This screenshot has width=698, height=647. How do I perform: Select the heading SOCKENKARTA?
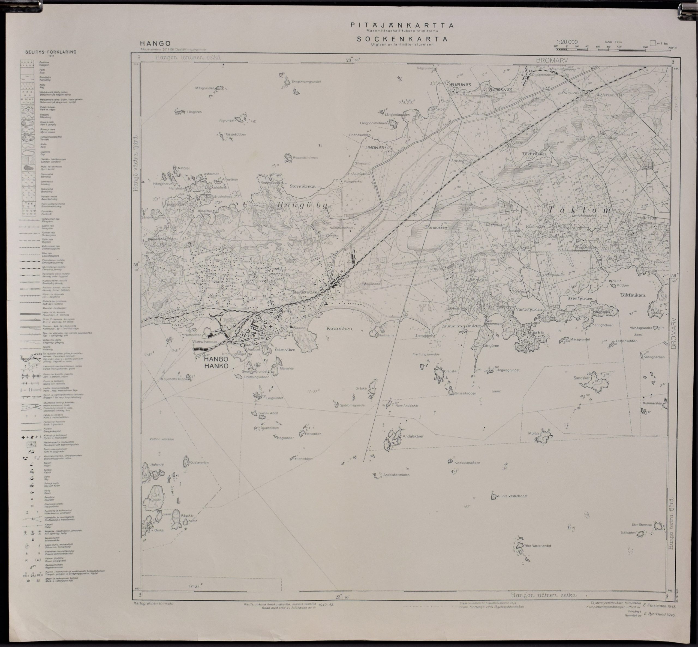pyautogui.click(x=402, y=39)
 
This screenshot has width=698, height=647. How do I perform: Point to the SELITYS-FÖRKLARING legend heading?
pyautogui.click(x=51, y=52)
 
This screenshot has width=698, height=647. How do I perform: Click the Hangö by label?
pyautogui.click(x=302, y=206)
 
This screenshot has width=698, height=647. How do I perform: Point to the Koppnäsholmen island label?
pyautogui.click(x=305, y=158)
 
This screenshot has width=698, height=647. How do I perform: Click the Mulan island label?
pyautogui.click(x=534, y=433)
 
